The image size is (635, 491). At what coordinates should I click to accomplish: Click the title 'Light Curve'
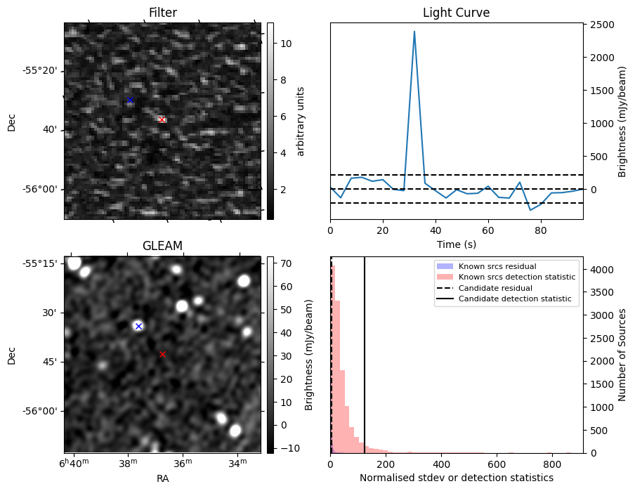click(x=456, y=13)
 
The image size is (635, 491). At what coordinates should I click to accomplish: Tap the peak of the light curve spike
click(x=414, y=32)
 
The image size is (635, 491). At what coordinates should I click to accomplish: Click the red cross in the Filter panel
click(x=162, y=120)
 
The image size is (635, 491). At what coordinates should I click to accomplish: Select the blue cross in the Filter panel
click(x=130, y=100)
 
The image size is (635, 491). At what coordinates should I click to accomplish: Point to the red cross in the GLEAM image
click(x=162, y=355)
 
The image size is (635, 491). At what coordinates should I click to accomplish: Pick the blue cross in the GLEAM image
click(x=138, y=326)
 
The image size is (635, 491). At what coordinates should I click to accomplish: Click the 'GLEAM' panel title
click(x=162, y=246)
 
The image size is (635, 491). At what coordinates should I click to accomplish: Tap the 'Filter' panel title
click(x=162, y=13)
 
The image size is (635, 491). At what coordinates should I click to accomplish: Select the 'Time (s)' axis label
click(x=456, y=244)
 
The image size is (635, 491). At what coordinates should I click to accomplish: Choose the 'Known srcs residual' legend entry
click(x=497, y=266)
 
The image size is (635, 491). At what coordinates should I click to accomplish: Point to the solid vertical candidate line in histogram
click(x=365, y=351)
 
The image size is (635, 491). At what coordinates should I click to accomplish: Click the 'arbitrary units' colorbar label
click(x=301, y=121)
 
